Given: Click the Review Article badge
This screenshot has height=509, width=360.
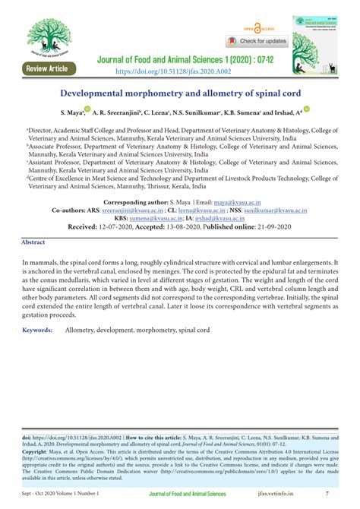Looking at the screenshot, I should click(46, 68).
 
